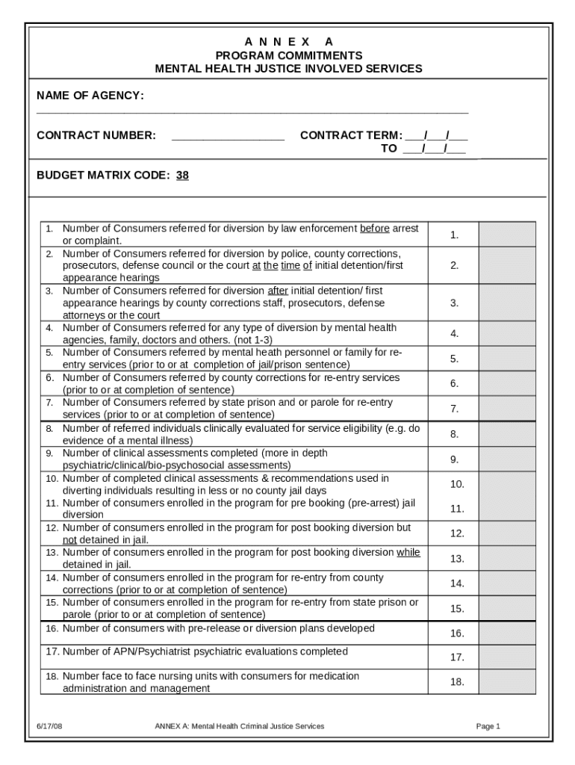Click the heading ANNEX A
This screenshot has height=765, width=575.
coord(287,42)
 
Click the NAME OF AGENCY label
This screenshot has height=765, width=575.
coord(90,96)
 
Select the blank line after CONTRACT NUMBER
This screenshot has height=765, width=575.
coord(228,136)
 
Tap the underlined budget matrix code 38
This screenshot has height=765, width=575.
coord(182,176)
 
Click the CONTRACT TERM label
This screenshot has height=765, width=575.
coord(350,135)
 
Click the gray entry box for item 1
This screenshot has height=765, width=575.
coord(507,235)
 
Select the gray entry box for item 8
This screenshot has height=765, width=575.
coord(507,434)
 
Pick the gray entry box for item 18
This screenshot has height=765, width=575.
coord(507,682)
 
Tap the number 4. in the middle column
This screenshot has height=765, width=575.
coord(454,334)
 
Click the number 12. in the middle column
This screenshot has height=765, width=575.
coord(457,533)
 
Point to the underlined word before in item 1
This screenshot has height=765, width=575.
coord(374,229)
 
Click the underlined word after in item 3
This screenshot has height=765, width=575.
coord(277,291)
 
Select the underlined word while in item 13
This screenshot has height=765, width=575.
coord(408,553)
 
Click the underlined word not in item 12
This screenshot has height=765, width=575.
coord(69,539)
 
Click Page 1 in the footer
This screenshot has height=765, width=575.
coord(488,726)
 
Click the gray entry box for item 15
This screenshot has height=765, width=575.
coord(507,608)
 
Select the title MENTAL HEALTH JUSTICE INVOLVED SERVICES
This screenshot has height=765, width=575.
coord(287,69)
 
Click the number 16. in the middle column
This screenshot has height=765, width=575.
coord(457,634)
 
